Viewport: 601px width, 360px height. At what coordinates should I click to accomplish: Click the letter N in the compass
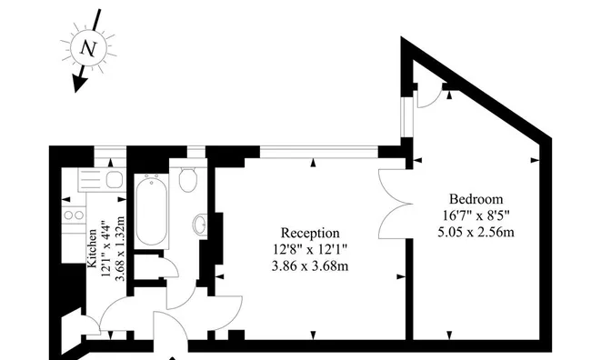point(88,48)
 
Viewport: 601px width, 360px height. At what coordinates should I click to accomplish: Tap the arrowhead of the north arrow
point(79,83)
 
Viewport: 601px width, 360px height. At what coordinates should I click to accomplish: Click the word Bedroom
point(476,199)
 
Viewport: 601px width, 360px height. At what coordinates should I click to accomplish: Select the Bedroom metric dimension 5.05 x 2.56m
point(476,232)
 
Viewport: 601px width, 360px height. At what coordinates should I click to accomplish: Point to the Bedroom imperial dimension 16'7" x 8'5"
point(476,215)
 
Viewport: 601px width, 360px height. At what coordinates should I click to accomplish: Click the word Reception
point(310,233)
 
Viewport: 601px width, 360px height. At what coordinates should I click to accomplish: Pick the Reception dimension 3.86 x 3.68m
point(310,265)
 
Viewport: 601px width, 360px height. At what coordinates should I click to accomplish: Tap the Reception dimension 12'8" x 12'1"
point(310,249)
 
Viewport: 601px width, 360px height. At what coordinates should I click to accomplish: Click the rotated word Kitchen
point(93,248)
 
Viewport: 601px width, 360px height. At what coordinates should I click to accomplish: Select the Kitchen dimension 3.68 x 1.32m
point(120,248)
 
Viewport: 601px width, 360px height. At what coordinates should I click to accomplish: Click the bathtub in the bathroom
point(152,210)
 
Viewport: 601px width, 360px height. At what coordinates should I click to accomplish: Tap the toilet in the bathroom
point(188,179)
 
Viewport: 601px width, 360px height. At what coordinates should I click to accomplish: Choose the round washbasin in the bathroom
point(200,225)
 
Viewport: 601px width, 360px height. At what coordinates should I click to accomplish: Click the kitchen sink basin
point(115,180)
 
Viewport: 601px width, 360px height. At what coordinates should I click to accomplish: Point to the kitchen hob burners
point(74,215)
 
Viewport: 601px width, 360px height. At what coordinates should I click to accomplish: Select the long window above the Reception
point(319,152)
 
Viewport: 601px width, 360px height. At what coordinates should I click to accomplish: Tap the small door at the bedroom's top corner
point(429,95)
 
